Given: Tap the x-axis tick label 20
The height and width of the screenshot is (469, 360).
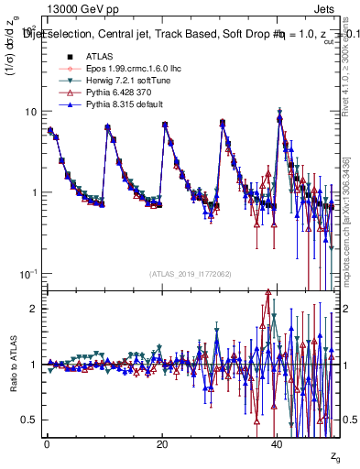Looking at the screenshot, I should (x=161, y=443).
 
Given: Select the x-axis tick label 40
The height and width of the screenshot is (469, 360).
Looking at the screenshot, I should (x=277, y=443).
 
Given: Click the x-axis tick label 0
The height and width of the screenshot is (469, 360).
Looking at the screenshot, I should (x=46, y=443).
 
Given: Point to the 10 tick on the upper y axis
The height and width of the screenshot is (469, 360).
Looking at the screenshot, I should (x=30, y=112).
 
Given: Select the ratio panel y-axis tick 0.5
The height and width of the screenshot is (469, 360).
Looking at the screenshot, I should (x=30, y=420).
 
